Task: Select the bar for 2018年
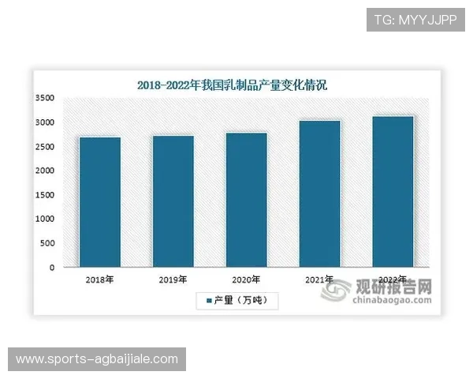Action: tap(100, 202)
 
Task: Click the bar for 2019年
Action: tap(173, 201)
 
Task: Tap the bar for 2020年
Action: tap(247, 200)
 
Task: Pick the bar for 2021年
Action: tap(319, 193)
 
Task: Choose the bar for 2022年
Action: tap(393, 192)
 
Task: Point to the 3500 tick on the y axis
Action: tap(44, 98)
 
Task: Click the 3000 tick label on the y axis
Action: tap(44, 122)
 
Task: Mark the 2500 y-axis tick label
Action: tap(44, 147)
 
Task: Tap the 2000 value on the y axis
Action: tap(44, 171)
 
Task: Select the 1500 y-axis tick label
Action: tap(44, 195)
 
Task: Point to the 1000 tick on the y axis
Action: tap(44, 220)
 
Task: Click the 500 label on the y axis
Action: tap(47, 243)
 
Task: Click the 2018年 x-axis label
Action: tap(100, 280)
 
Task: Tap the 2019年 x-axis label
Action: tap(173, 280)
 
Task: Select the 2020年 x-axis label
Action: tap(247, 280)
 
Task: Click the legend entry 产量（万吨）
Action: tap(236, 300)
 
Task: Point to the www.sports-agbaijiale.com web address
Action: tap(97, 359)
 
